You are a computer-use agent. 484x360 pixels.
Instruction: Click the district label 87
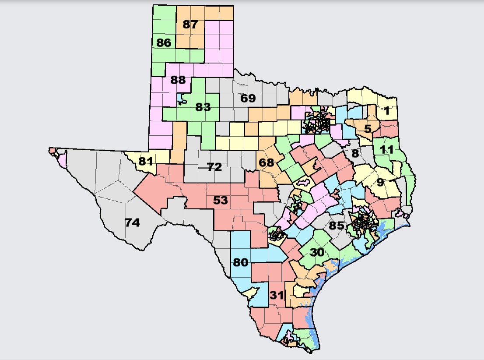(x=190, y=25)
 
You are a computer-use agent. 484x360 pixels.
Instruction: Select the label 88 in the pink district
(x=178, y=81)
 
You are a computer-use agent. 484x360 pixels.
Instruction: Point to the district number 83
(x=203, y=107)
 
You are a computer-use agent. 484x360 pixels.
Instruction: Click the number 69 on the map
(x=248, y=98)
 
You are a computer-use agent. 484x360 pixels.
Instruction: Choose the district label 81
(x=145, y=161)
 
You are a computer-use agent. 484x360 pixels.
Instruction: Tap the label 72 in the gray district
(x=214, y=167)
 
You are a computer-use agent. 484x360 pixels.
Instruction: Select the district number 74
(x=132, y=222)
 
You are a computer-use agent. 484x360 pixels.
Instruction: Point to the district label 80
(x=241, y=263)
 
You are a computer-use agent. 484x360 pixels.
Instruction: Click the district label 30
(x=317, y=253)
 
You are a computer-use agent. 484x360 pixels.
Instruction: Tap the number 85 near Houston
(x=337, y=226)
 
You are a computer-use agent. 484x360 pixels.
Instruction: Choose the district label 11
(x=386, y=149)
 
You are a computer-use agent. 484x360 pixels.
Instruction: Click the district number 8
(x=355, y=153)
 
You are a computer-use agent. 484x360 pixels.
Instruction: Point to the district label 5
(x=368, y=129)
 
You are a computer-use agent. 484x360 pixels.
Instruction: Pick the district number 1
(x=386, y=111)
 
